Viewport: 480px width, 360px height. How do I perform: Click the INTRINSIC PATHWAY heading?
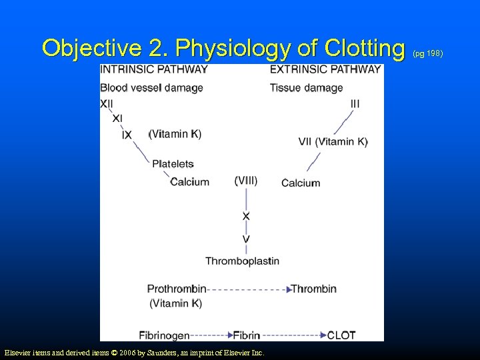(x=153, y=69)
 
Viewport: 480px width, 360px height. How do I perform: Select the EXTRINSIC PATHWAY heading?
(x=325, y=69)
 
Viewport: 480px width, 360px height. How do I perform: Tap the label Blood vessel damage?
(x=151, y=87)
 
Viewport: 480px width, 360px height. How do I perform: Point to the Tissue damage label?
(x=306, y=87)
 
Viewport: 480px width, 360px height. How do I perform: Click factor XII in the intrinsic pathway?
(x=107, y=103)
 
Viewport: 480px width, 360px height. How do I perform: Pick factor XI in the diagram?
(x=117, y=119)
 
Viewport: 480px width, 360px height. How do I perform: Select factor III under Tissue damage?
(x=355, y=103)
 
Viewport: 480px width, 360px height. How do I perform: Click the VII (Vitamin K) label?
(x=333, y=141)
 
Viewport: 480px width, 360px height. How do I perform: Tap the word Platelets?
(x=173, y=163)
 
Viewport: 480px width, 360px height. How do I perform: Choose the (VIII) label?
(x=246, y=180)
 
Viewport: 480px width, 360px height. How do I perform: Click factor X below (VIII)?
(x=246, y=216)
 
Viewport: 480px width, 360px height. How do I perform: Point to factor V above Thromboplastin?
(x=246, y=239)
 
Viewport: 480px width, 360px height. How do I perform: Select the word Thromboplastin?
(x=242, y=261)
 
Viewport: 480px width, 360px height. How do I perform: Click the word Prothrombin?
(x=177, y=289)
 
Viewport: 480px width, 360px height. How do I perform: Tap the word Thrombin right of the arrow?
(x=313, y=289)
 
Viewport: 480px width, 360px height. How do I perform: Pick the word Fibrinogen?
(x=164, y=335)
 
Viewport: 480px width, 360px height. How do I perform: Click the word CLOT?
(x=341, y=335)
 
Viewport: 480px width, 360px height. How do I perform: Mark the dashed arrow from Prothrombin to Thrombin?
(x=248, y=289)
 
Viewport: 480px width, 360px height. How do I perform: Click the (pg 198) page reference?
(x=428, y=52)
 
